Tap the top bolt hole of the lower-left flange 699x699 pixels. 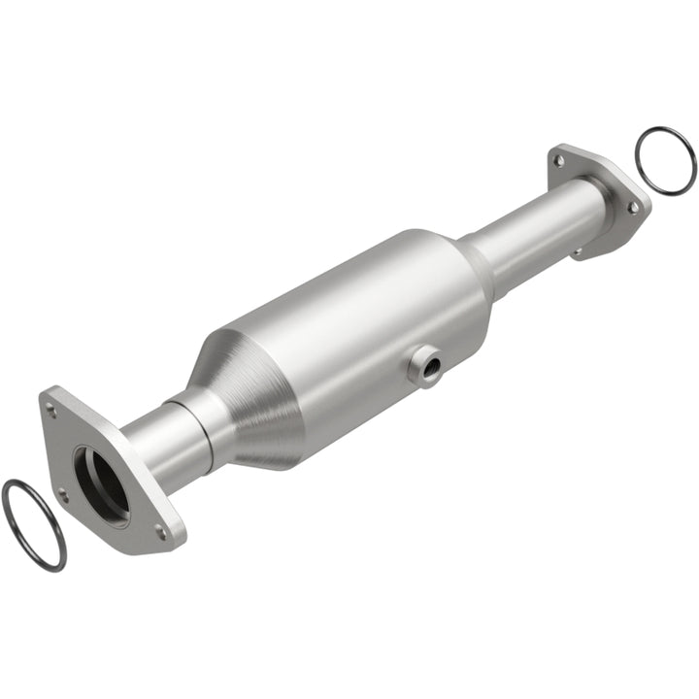(51, 410)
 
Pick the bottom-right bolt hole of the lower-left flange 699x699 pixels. (161, 531)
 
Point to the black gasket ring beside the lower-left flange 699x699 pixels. (33, 524)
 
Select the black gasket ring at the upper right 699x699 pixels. (665, 160)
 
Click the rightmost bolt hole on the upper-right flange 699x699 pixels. (633, 207)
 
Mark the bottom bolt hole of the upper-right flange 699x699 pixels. (579, 251)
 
